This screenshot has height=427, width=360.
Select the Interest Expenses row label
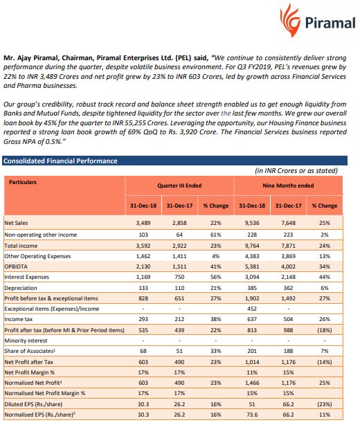click(28, 277)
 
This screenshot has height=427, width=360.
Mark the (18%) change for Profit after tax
click(325, 331)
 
